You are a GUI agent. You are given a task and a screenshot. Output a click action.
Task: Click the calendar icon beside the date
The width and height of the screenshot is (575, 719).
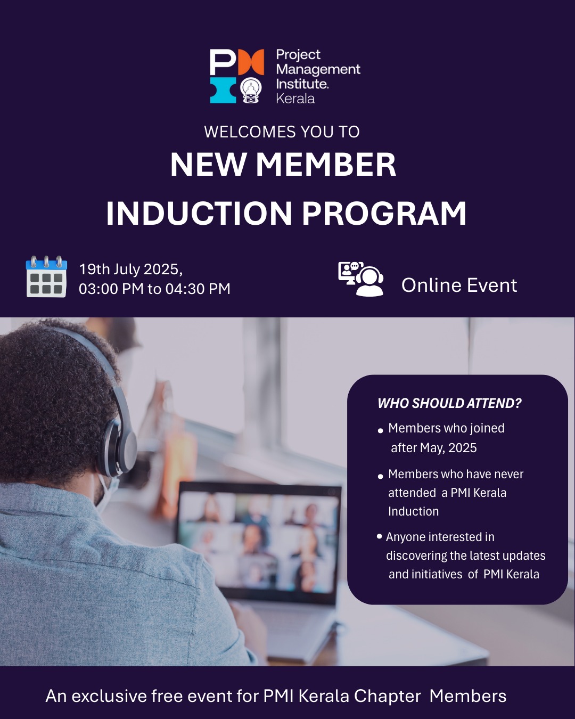[x=46, y=276]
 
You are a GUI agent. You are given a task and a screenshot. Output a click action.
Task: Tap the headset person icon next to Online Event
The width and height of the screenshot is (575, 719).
[x=361, y=279]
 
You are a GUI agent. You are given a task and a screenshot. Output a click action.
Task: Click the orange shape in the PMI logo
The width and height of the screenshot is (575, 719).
[x=251, y=62]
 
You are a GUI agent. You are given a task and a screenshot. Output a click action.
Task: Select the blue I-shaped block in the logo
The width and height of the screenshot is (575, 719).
[x=223, y=90]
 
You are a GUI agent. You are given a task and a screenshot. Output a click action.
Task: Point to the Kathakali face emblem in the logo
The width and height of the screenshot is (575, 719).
[x=251, y=90]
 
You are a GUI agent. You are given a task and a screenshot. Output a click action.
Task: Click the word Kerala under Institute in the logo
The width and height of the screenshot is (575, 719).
[x=295, y=99]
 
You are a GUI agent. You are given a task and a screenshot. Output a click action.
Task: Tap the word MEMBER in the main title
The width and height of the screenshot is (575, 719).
[x=326, y=165]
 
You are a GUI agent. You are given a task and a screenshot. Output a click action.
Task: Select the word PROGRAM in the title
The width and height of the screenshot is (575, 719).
[x=384, y=214]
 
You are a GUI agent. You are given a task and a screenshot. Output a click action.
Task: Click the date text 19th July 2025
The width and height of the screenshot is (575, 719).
[x=130, y=269]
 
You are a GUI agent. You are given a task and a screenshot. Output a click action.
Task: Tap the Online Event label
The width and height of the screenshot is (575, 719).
[x=459, y=285]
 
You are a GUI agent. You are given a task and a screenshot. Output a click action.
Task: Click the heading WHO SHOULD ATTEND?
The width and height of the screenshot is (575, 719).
[x=449, y=403]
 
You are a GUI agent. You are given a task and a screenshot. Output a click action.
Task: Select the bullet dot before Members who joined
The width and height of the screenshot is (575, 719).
[x=380, y=431]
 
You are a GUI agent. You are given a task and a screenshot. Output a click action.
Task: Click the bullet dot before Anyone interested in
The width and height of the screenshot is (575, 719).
[x=379, y=536]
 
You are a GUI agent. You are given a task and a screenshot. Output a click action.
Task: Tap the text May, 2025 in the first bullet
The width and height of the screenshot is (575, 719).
[x=448, y=448]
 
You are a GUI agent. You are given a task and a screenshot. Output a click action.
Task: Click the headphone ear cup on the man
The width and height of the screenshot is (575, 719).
[x=118, y=447]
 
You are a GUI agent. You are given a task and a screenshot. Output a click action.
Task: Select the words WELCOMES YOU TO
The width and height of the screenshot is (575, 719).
[x=282, y=132]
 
